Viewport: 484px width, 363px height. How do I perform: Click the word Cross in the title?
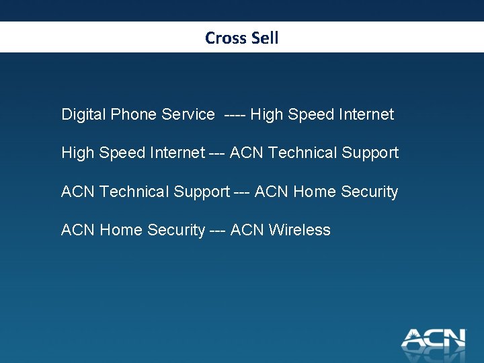click(226, 38)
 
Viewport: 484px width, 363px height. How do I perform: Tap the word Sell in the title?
click(265, 38)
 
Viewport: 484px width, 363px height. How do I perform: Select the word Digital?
click(83, 115)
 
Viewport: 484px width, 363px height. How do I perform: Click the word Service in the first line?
click(188, 115)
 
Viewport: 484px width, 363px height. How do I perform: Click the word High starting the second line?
click(77, 153)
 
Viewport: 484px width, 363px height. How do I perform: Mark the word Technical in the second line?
click(302, 153)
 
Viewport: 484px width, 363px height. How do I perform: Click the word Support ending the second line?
click(370, 153)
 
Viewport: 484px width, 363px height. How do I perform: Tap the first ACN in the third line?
click(78, 192)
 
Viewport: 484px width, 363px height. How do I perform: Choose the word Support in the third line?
click(202, 192)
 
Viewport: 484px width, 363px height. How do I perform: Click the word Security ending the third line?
click(369, 192)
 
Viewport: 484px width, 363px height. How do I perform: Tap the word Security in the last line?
click(175, 230)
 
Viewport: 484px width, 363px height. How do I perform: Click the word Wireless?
click(300, 230)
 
